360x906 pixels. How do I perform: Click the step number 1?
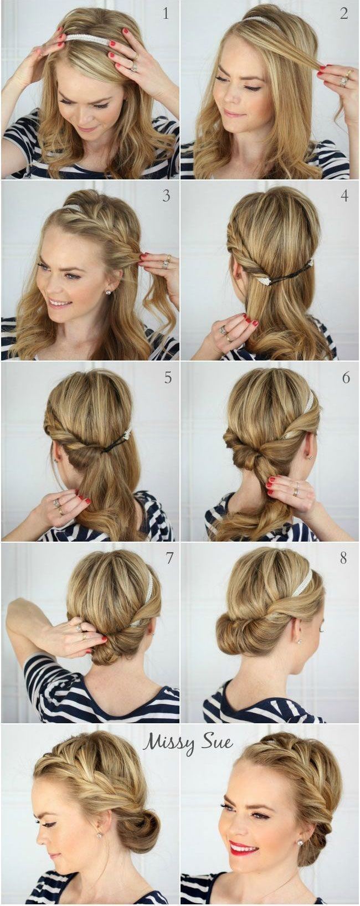166,14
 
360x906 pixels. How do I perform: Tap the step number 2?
344,14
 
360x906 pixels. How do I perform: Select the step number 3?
166,195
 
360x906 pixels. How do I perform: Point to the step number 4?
344,195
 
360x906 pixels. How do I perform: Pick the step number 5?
168,378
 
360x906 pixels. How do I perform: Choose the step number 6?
346,378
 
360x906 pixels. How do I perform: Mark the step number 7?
169,558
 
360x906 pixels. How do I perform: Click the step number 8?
343,558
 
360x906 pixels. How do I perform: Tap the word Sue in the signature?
218,741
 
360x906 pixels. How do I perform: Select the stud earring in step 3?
108,292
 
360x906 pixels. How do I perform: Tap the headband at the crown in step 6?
310,403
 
